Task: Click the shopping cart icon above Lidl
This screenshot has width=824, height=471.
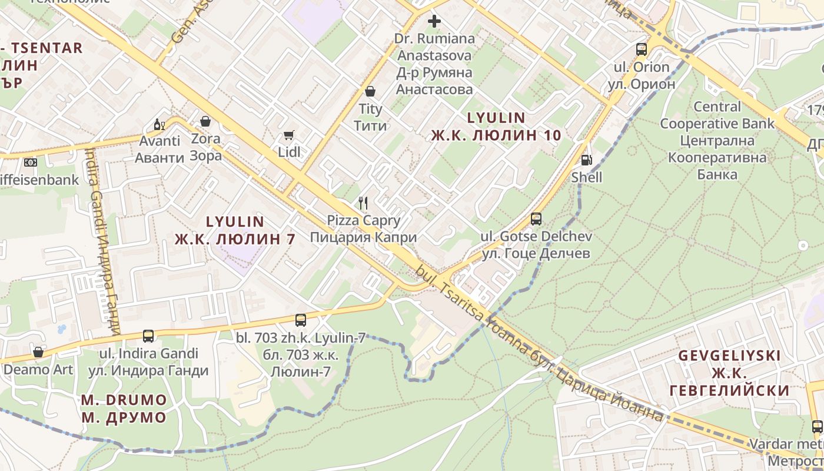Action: pos(288,136)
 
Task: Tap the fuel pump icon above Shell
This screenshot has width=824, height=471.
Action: pos(586,160)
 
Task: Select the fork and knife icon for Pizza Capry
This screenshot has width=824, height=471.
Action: pos(363,204)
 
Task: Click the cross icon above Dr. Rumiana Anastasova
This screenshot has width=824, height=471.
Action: pos(434,22)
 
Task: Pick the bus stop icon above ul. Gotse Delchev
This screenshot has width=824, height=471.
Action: pos(536,219)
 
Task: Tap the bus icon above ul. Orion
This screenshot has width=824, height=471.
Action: pos(642,49)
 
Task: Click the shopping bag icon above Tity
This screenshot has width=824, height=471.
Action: pos(370,91)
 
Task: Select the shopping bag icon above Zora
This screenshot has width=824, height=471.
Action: pos(205,121)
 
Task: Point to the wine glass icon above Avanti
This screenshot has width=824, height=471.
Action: pos(159,124)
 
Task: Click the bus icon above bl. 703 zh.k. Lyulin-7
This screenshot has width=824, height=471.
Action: pos(301,320)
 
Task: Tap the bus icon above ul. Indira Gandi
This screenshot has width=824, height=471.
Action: pos(148,336)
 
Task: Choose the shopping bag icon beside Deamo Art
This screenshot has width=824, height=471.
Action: pos(38,352)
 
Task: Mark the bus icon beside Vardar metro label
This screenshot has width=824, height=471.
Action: pos(817,427)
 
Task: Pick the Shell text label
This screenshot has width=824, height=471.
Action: pos(587,177)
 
